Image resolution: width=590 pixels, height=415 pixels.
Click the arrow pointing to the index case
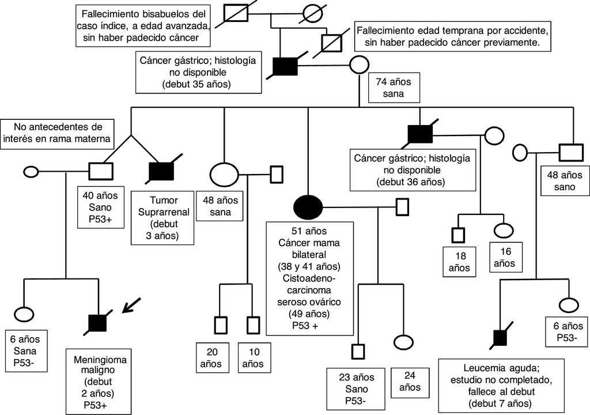click(x=134, y=305)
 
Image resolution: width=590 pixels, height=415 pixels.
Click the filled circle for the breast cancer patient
click(x=308, y=205)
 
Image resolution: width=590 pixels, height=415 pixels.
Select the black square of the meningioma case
click(x=97, y=323)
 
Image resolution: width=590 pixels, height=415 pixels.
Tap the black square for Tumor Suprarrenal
click(x=161, y=171)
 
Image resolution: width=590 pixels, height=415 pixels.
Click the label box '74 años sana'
click(x=390, y=88)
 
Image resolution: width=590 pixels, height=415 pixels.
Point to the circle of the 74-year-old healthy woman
click(x=360, y=65)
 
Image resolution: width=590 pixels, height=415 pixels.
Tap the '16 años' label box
click(x=505, y=257)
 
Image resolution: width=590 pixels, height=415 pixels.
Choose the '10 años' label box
click(x=252, y=357)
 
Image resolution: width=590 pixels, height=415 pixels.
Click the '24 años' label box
click(x=409, y=381)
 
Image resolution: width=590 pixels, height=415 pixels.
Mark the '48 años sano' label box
click(x=565, y=181)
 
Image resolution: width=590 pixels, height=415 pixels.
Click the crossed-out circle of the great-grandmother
click(x=313, y=13)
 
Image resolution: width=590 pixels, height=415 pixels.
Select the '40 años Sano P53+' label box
click(x=101, y=206)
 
